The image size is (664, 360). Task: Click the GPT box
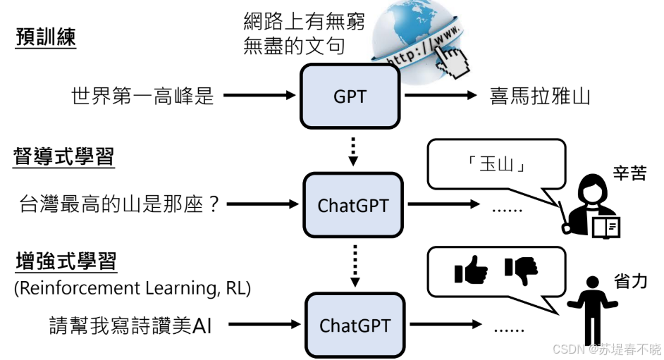(x=350, y=96)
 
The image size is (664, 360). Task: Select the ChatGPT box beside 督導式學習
(x=353, y=205)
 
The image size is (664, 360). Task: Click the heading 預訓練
(x=46, y=37)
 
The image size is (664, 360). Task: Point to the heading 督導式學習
(x=64, y=156)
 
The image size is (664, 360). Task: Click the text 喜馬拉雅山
(x=540, y=97)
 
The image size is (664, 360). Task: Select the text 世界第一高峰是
(x=142, y=97)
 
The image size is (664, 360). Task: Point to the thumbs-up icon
(x=472, y=270)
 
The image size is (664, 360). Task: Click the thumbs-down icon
(x=521, y=270)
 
